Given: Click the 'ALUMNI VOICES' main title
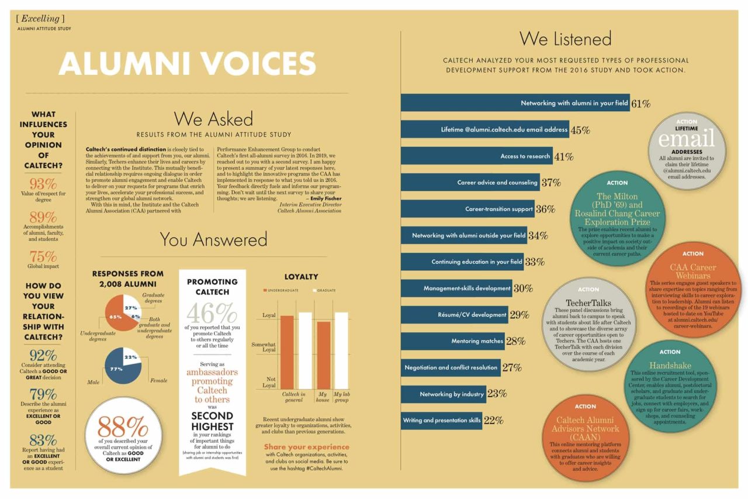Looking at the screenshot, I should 187,64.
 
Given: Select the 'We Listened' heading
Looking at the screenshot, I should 565,39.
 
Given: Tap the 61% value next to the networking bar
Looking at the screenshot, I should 641,104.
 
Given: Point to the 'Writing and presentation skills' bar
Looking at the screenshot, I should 442,420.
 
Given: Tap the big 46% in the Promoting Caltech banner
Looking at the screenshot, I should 212,314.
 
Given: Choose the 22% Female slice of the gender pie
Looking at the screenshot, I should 131,357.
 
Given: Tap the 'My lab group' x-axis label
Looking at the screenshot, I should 341,398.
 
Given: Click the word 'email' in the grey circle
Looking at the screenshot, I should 687,139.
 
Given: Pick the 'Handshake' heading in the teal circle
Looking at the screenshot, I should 670,364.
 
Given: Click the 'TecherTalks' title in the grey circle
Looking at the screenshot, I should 588,302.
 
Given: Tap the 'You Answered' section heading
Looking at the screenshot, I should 213,239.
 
